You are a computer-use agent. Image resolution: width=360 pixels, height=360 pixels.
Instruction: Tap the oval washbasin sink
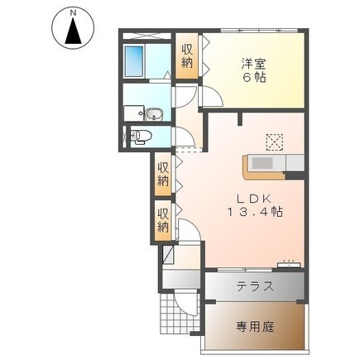(x=154, y=113)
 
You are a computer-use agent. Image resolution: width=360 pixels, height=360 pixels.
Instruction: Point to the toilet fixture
(x=141, y=136)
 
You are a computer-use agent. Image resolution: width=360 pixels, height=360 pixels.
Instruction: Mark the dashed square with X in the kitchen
(x=273, y=141)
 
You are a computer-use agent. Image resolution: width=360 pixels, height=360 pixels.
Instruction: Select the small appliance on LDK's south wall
(x=288, y=263)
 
